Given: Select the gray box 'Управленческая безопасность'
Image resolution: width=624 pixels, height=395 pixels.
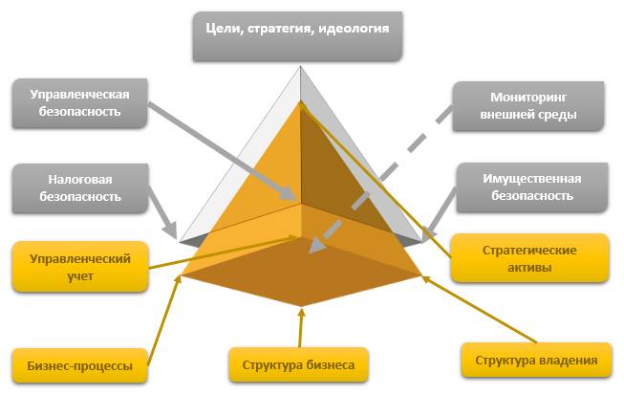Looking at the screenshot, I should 79,103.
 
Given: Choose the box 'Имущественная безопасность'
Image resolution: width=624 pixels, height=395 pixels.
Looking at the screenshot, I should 531,187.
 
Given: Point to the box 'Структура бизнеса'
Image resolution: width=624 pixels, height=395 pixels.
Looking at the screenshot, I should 298,365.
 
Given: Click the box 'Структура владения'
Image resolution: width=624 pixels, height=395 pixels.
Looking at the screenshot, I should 535,361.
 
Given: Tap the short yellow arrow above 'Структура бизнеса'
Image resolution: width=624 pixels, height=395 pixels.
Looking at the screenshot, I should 300,328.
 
